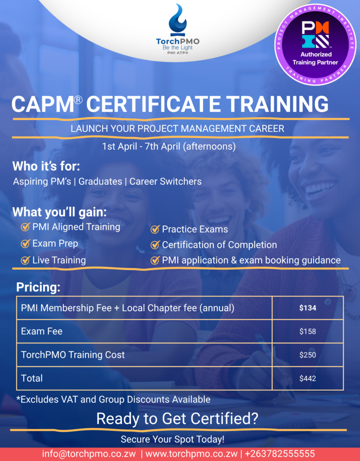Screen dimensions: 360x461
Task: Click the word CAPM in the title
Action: (43, 104)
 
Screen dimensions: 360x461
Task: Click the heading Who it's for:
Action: (46, 166)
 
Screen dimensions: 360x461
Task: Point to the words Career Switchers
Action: (166, 181)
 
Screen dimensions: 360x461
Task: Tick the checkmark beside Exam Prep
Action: (25, 244)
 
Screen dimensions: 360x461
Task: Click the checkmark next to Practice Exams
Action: (155, 229)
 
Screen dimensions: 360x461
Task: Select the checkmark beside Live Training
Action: (25, 260)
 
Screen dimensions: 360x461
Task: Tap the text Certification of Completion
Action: (220, 244)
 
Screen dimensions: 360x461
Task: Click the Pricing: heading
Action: (38, 287)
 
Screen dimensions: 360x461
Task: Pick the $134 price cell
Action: (308, 308)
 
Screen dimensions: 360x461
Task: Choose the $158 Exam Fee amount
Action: (308, 331)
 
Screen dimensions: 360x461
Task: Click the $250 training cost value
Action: (308, 355)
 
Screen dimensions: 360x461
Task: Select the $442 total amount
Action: (308, 378)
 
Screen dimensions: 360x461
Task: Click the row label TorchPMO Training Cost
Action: (73, 355)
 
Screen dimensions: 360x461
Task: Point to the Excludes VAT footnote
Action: (113, 399)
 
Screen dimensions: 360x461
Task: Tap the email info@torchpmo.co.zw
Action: (89, 453)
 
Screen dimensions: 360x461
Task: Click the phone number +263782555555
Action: (279, 453)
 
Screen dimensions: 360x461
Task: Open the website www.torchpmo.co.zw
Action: (191, 453)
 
